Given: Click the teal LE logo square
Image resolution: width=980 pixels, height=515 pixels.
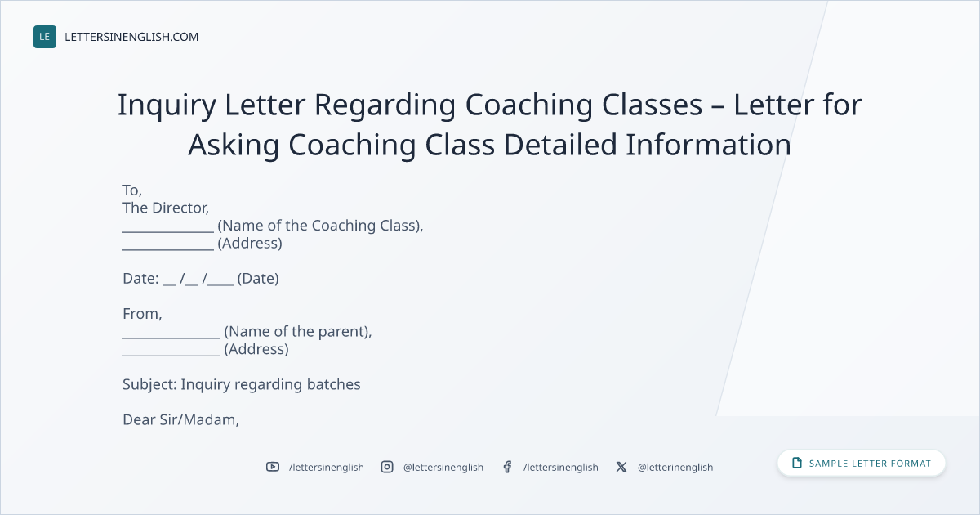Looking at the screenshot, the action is [x=45, y=37].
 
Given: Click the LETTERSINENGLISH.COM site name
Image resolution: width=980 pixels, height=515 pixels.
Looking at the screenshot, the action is [x=131, y=37].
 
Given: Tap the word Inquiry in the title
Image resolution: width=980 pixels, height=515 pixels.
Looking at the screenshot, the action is [x=167, y=105].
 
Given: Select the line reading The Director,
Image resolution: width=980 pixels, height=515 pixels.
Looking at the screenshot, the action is [x=166, y=208].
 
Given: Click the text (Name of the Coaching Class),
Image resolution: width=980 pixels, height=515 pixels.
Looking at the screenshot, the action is [x=320, y=226].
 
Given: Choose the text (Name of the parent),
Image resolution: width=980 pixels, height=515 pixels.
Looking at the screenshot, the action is [x=298, y=332].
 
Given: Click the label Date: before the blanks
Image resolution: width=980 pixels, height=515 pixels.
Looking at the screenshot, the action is [x=140, y=279].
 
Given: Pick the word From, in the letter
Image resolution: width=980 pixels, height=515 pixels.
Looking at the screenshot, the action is [x=142, y=314].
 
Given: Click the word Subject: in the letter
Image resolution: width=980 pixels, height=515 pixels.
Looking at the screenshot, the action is [x=149, y=384].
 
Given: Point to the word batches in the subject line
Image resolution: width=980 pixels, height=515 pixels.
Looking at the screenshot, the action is [x=333, y=384].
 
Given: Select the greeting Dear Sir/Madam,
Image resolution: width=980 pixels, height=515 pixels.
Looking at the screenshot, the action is [x=180, y=419].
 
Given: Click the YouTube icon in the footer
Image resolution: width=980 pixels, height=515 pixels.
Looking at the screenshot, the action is [x=273, y=467].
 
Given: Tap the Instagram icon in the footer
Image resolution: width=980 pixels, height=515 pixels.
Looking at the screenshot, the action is [x=387, y=467].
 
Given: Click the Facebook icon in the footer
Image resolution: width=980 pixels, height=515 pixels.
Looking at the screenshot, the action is [x=507, y=467].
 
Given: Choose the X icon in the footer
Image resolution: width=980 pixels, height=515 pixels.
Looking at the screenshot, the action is [x=621, y=467].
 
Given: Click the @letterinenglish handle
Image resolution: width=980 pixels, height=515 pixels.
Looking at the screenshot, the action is [x=675, y=468].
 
